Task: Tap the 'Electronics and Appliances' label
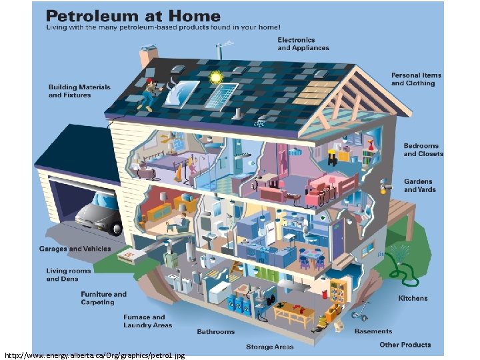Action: (303, 44)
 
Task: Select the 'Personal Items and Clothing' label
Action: (416, 79)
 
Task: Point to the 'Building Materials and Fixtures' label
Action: (79, 91)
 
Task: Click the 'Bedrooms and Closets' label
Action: (423, 150)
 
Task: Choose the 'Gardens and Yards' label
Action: (418, 185)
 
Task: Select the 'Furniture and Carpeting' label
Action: (103, 298)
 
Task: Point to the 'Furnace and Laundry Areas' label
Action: (147, 321)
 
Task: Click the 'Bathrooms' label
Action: (215, 332)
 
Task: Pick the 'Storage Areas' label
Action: (269, 347)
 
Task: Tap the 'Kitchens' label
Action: (413, 298)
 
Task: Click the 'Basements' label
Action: (373, 331)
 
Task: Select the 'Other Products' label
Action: (405, 345)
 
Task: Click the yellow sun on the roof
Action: (215, 77)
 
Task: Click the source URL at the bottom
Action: (95, 355)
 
